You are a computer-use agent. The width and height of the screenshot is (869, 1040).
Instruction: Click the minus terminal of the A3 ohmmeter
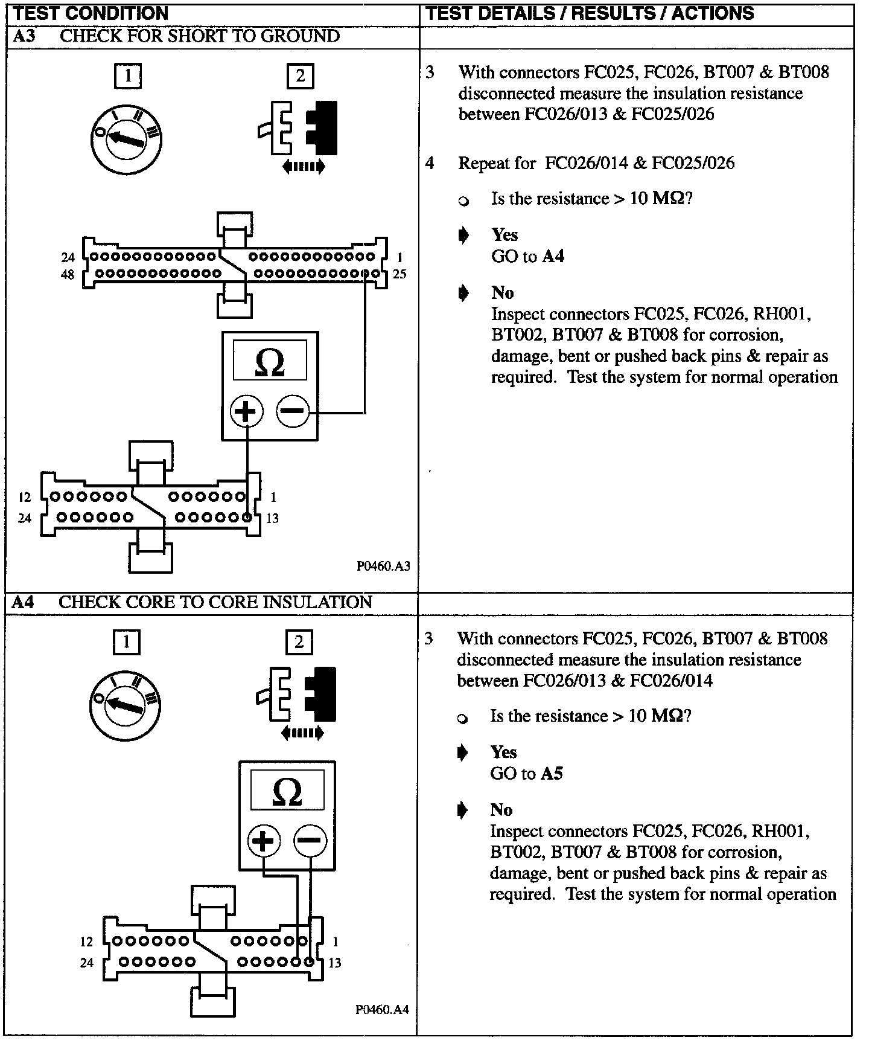pos(292,412)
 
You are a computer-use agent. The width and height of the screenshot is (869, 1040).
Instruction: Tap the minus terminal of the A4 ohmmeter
pos(310,840)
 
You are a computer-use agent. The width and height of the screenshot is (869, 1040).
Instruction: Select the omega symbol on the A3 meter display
pos(269,362)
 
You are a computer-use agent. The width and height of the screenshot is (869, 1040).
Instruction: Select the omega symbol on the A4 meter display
pos(287,792)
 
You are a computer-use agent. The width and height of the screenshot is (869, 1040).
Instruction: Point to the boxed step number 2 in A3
pos(300,76)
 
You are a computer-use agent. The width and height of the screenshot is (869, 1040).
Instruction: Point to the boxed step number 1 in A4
pos(126,642)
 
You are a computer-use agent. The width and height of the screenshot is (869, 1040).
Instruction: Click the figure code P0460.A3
pos(383,566)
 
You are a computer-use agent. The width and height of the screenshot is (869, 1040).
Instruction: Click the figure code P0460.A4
pos(382,1009)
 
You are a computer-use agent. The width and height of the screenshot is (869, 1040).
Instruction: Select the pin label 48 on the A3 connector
pos(68,275)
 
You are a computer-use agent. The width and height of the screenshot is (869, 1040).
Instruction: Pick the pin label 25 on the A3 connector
pos(399,274)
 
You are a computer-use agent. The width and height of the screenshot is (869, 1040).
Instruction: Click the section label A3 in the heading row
pos(24,36)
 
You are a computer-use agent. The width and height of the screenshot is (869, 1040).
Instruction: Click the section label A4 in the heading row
pos(24,602)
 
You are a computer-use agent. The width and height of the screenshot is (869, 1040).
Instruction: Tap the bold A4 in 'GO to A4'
pos(553,256)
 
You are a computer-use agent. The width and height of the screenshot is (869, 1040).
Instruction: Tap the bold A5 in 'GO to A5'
pos(552,774)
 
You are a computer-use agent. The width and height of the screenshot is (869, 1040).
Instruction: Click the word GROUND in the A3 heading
pos(300,36)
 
